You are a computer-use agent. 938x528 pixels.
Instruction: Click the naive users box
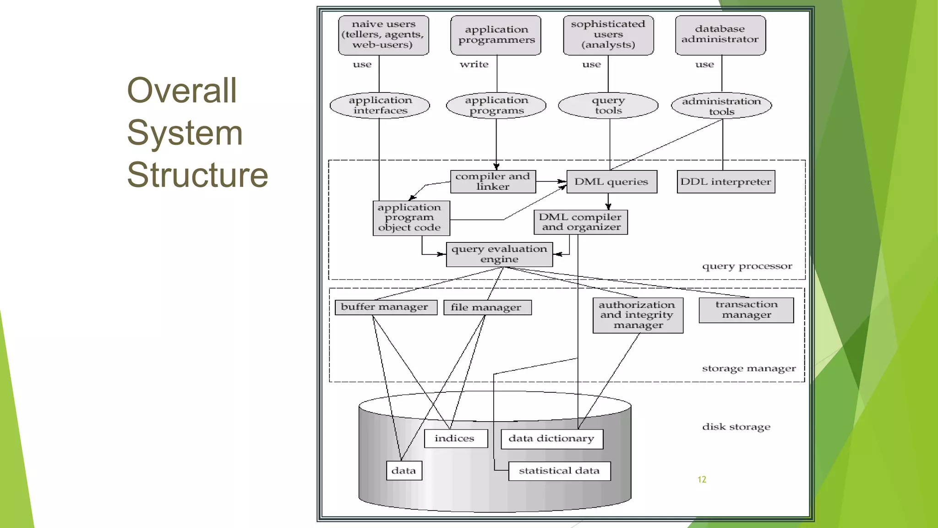[x=384, y=35]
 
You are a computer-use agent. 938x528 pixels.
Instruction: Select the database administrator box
[x=720, y=35]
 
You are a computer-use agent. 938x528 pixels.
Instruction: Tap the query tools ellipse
[x=608, y=105]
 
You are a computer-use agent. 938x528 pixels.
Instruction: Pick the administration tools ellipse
[x=721, y=106]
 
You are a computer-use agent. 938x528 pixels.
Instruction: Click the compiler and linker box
[x=493, y=181]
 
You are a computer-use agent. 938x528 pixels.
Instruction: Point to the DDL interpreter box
[x=726, y=181]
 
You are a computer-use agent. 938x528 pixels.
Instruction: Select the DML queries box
[x=611, y=181]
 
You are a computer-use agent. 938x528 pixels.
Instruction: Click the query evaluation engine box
[x=499, y=254]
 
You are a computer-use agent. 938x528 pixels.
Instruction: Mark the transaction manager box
[x=746, y=310]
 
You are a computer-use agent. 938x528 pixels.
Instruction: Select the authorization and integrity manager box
[x=638, y=315]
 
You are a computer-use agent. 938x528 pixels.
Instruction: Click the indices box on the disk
[x=455, y=439]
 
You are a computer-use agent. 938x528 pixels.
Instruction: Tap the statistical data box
[x=559, y=471]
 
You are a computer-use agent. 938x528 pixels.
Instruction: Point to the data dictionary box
[x=551, y=439]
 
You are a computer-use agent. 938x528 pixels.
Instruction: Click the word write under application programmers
[x=474, y=65]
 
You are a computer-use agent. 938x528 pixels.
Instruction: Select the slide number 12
[x=702, y=479]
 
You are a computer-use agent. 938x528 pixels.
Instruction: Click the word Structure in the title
[x=197, y=175]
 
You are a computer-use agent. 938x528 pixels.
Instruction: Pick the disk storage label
[x=736, y=427]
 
